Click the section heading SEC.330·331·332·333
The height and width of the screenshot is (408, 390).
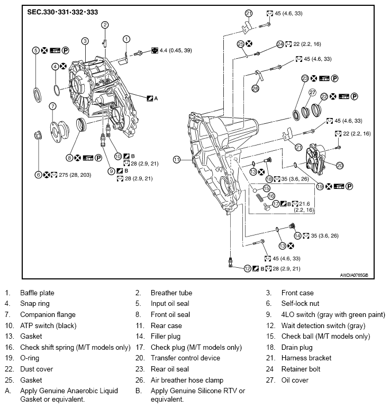click(x=62, y=11)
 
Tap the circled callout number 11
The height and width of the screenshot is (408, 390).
click(x=177, y=159)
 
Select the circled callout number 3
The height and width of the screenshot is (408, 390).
click(x=85, y=41)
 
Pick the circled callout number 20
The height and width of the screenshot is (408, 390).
click(x=340, y=165)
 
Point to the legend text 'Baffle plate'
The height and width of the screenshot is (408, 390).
click(x=37, y=293)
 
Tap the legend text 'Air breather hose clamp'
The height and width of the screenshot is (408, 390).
click(x=187, y=380)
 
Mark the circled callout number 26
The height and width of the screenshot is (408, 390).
click(x=255, y=88)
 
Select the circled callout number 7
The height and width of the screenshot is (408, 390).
click(x=52, y=106)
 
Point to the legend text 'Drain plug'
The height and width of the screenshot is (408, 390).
click(x=297, y=348)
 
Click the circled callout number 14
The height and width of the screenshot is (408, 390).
click(x=297, y=235)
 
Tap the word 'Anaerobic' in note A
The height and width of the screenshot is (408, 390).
click(x=85, y=391)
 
